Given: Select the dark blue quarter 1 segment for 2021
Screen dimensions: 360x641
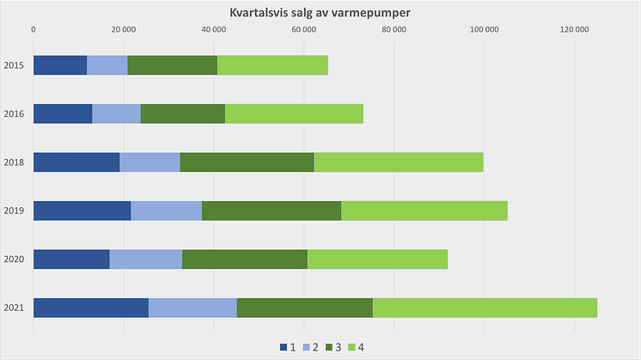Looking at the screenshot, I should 90,308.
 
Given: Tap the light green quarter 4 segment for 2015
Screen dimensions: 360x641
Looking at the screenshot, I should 272,65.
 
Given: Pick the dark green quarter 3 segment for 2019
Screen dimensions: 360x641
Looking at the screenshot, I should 272,211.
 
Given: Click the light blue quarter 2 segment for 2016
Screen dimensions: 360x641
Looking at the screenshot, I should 116,113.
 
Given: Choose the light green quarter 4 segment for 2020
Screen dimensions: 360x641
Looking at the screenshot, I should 377,259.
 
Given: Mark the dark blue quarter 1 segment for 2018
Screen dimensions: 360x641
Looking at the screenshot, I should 76,162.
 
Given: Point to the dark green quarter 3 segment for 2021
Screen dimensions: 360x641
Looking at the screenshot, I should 304,308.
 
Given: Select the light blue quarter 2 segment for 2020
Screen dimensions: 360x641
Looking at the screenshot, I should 146,259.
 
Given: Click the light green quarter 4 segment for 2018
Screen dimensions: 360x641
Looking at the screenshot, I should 399,162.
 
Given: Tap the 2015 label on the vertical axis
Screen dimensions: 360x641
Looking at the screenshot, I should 13,65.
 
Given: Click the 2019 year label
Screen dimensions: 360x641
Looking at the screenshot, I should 13,211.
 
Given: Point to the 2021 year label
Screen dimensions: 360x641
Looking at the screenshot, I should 13,308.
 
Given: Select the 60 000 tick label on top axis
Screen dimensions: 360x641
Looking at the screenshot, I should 303,31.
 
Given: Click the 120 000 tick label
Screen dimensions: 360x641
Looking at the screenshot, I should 574,31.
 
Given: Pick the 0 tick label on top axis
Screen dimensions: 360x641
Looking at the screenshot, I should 34,31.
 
